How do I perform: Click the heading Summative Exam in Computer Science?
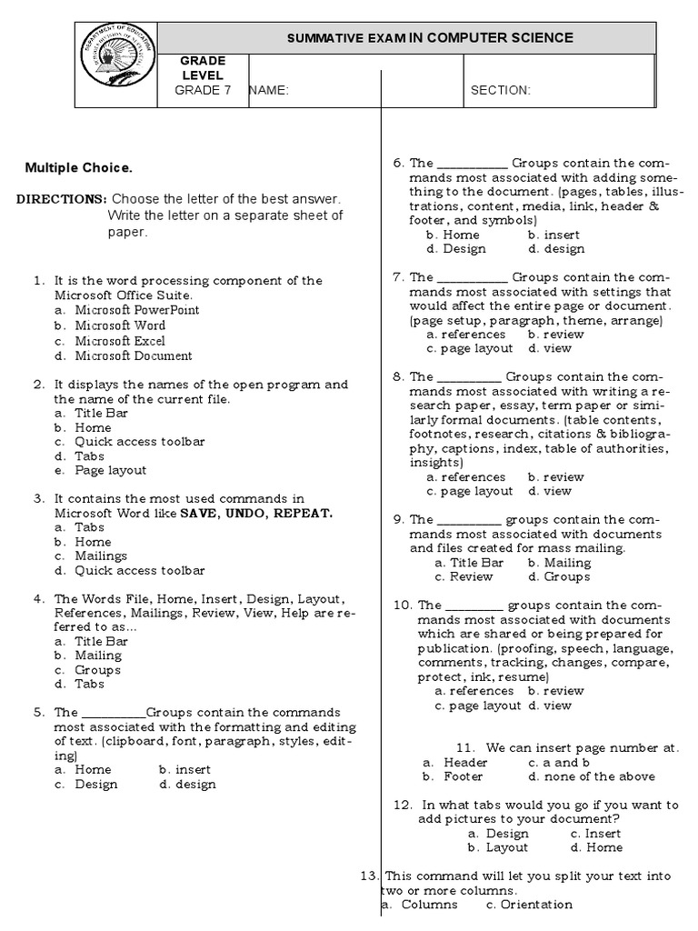click(430, 37)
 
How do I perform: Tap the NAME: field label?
click(268, 90)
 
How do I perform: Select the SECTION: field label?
click(500, 90)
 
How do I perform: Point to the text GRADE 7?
click(197, 90)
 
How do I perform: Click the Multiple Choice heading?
click(78, 167)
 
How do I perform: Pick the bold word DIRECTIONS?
click(61, 198)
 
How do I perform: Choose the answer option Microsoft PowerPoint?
click(136, 310)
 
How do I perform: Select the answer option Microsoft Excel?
click(120, 341)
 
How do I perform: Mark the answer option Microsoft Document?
click(133, 356)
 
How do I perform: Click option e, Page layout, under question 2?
click(110, 471)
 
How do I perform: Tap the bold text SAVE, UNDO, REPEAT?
click(256, 513)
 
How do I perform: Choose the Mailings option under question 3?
click(100, 556)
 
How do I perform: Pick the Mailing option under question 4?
click(97, 655)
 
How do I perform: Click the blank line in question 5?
click(114, 714)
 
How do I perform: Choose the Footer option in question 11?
click(463, 776)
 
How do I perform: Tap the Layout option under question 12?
click(506, 847)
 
